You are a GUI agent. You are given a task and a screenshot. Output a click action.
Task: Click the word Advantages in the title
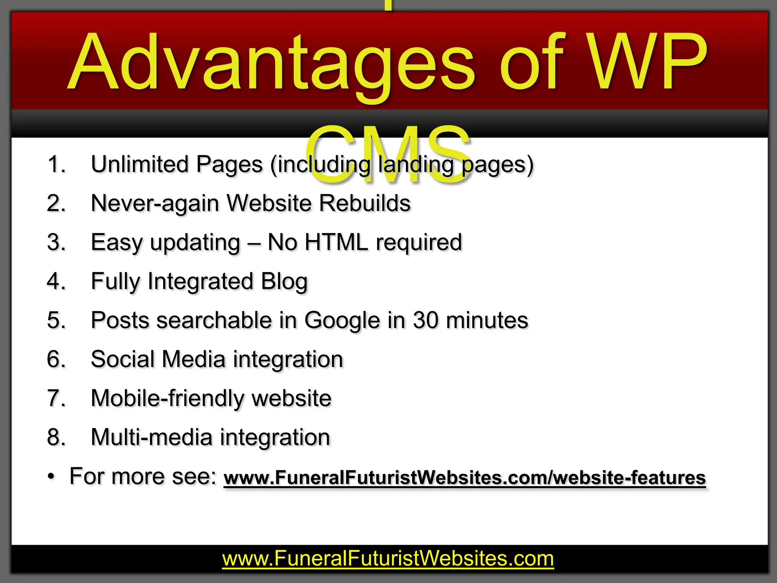coord(271,63)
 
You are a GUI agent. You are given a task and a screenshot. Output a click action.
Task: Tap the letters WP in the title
coord(649,63)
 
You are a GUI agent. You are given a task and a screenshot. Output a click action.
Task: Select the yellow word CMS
coord(389,156)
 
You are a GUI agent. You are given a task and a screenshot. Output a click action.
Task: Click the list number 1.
coord(56,165)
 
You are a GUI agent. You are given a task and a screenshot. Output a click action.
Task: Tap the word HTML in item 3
coord(336,243)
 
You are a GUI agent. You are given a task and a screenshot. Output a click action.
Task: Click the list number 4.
coord(56,282)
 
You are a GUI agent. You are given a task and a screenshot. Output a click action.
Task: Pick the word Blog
coord(284,282)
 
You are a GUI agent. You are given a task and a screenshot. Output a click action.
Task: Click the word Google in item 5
coord(342,321)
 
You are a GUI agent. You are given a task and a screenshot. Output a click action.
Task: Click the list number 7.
coord(56,399)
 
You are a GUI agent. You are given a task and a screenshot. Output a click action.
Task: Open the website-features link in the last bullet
coord(464,478)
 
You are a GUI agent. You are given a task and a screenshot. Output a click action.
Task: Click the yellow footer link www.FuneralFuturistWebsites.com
coord(388,559)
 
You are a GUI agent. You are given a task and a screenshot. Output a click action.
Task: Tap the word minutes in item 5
coord(487,321)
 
